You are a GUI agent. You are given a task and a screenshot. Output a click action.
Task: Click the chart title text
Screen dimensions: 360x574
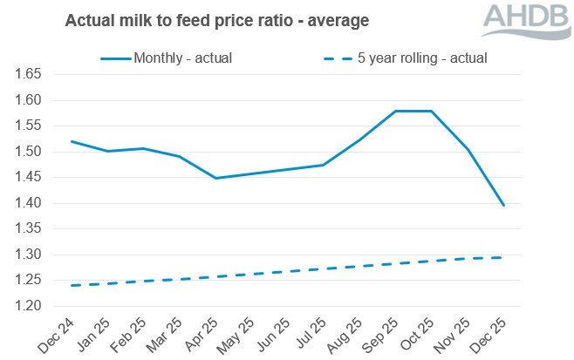point(216,19)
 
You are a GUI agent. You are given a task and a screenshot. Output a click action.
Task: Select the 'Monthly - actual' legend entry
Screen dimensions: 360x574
point(168,58)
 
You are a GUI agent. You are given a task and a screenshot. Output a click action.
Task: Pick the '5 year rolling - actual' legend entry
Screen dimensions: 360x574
point(404,58)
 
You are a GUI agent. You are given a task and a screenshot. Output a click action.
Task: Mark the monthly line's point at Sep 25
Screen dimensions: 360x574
point(395,111)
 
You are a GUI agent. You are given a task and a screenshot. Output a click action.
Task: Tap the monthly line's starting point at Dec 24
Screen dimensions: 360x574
point(72,141)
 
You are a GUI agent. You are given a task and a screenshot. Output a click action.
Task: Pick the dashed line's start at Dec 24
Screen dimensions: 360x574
point(72,285)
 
